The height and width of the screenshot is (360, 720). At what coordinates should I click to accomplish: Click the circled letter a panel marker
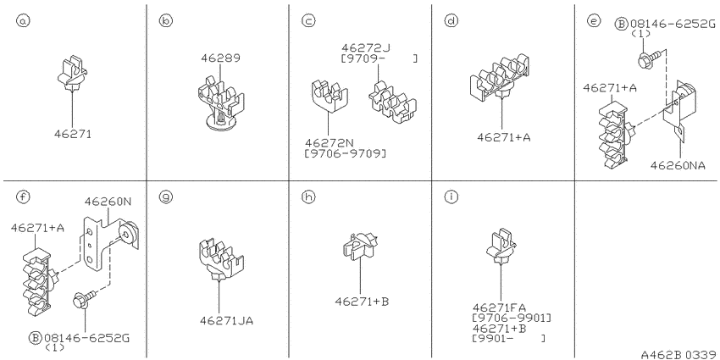click(x=22, y=20)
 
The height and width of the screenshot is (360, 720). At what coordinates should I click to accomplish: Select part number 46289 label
click(x=220, y=58)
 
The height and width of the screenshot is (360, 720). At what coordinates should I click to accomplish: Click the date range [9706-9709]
click(x=346, y=153)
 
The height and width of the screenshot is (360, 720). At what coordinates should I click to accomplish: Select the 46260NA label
click(x=678, y=165)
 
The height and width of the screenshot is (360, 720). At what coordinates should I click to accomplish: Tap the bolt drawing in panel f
click(x=84, y=301)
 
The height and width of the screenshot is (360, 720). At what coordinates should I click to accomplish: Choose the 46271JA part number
click(x=226, y=320)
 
